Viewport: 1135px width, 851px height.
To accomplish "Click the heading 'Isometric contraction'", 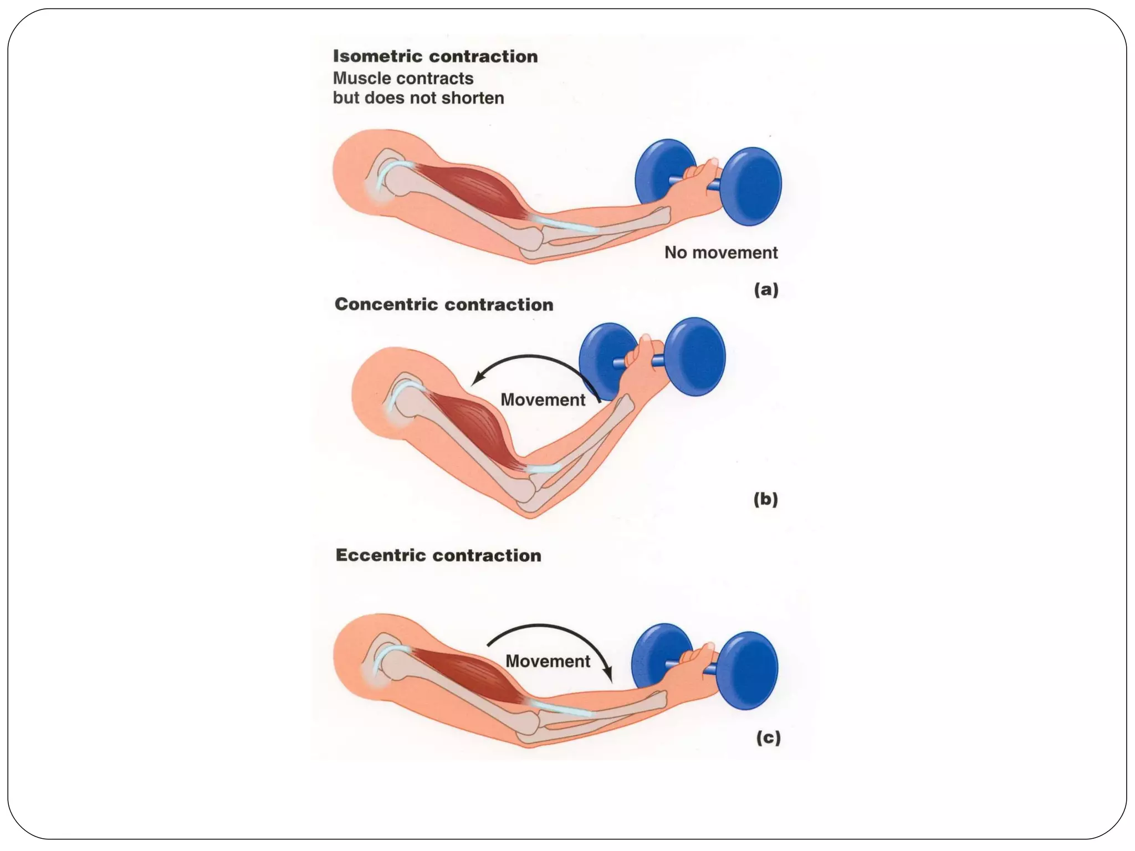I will point(435,57).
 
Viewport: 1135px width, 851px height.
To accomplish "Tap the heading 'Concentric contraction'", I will point(443,304).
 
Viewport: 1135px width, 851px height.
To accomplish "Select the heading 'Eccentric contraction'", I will point(438,555).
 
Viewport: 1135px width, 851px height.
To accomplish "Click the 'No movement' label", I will point(720,253).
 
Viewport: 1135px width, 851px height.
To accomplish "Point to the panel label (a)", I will point(766,289).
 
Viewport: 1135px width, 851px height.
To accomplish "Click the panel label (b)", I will point(765,499).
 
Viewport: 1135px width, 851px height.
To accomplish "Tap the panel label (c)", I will point(768,737).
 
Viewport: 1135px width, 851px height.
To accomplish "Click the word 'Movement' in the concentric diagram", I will point(543,399).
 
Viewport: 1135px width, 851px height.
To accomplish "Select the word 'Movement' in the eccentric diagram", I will point(548,661).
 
